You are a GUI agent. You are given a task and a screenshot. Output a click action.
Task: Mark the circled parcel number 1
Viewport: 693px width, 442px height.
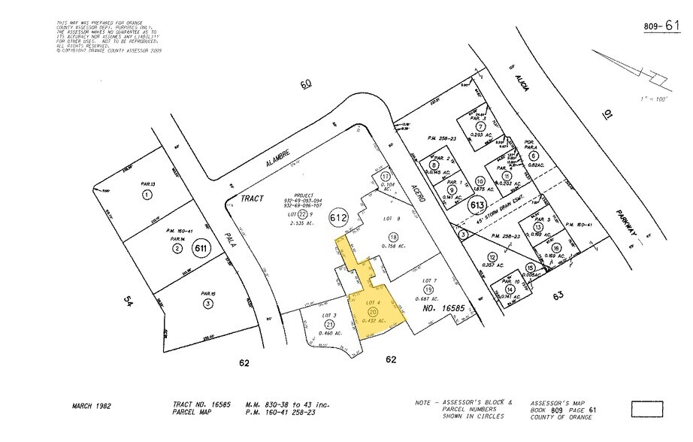[147, 194]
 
